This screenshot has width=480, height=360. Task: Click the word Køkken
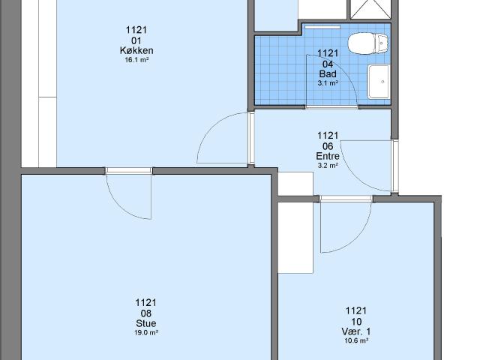(x=136, y=50)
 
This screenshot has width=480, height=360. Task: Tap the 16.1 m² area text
(x=136, y=60)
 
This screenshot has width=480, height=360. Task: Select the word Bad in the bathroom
(x=328, y=73)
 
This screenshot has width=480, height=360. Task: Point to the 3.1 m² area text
(x=328, y=83)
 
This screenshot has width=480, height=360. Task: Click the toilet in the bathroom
(x=368, y=43)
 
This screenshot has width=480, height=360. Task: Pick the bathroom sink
(x=379, y=82)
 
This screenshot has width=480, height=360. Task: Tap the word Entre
(x=328, y=156)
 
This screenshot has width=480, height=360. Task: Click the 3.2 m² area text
(x=328, y=166)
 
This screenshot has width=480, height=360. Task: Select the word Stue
(x=146, y=323)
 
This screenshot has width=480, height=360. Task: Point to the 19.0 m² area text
(x=146, y=333)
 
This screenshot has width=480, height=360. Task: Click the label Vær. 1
(x=356, y=331)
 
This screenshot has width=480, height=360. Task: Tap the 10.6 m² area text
(x=356, y=340)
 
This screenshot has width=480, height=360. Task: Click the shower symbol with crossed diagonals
(x=370, y=9)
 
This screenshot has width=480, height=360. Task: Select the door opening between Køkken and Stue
(x=129, y=170)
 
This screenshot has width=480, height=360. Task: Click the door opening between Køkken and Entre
(x=251, y=138)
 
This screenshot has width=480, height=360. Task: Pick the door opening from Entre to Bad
(x=331, y=106)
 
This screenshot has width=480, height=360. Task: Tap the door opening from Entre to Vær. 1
(x=346, y=199)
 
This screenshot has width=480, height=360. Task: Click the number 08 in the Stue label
(x=146, y=313)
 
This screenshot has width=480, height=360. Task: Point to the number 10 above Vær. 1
(x=356, y=322)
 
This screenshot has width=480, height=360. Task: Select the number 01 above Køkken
(x=136, y=40)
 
